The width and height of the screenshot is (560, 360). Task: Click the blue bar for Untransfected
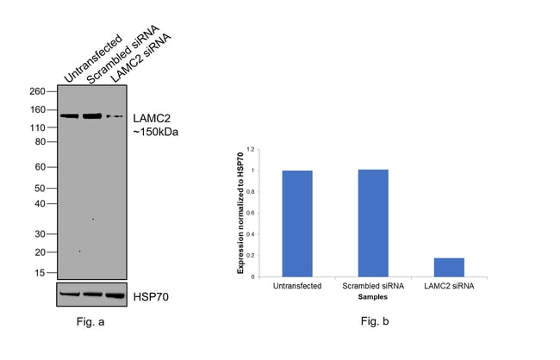(296, 223)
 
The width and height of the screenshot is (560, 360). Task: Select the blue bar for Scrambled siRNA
(372, 223)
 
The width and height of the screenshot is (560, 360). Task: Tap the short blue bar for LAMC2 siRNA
(448, 267)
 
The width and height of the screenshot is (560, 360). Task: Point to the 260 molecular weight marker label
(37, 91)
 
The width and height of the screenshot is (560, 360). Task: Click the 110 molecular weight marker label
(37, 128)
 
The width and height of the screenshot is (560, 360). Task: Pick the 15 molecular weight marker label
(40, 273)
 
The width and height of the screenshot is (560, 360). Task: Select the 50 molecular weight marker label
(40, 188)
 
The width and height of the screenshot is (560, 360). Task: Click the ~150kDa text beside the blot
(155, 133)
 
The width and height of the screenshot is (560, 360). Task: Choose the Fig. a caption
(90, 322)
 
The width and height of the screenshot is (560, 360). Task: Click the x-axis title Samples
(371, 296)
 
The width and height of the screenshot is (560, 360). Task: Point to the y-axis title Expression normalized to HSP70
(240, 212)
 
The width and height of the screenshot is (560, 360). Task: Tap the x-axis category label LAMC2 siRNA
(448, 287)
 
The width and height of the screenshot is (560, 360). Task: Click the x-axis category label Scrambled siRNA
(372, 287)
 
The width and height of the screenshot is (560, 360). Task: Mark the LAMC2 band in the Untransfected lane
(69, 115)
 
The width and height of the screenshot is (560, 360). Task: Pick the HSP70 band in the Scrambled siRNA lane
(92, 294)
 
